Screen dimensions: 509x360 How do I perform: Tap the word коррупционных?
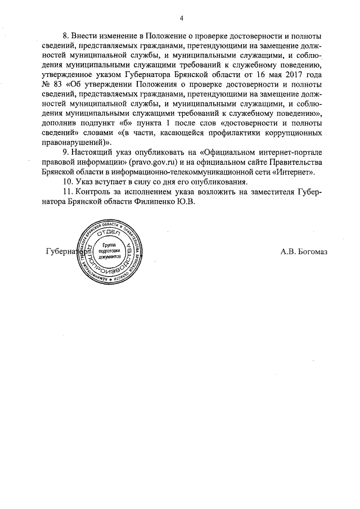[292, 131]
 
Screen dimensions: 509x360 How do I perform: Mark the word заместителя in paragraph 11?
[267, 194]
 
